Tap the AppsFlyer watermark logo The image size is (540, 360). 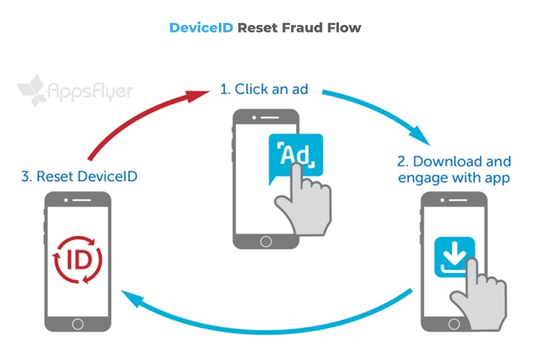pos(76,92)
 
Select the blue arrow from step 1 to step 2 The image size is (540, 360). pos(382,112)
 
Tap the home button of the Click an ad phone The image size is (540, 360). pos(266,240)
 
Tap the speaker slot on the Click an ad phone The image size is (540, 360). pos(266,117)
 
